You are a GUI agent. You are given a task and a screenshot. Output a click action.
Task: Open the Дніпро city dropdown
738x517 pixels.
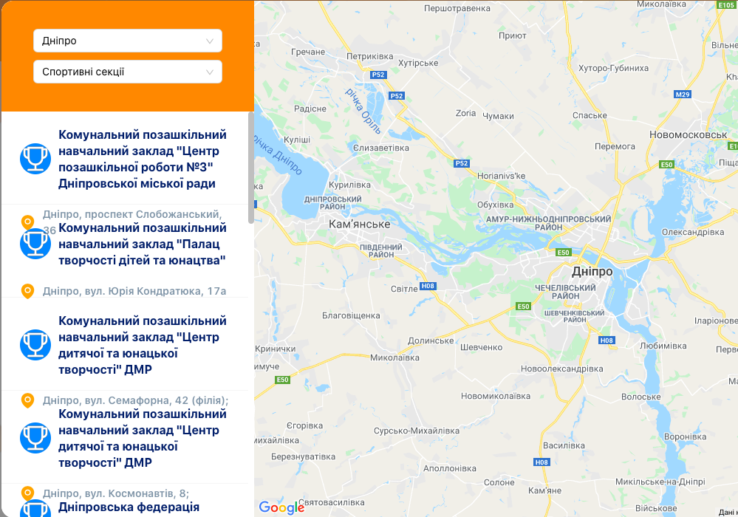pyautogui.click(x=127, y=41)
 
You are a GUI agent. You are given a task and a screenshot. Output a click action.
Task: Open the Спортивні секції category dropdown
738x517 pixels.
pyautogui.click(x=127, y=72)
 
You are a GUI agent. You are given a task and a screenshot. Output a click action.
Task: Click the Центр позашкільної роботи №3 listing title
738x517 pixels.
pyautogui.click(x=143, y=159)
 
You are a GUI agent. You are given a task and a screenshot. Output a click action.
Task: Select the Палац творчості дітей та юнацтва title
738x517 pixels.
pyautogui.click(x=142, y=244)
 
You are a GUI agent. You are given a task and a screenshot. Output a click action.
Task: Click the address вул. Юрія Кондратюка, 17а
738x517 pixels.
pyautogui.click(x=134, y=291)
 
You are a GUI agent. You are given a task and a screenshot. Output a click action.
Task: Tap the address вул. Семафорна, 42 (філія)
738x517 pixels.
pyautogui.click(x=135, y=400)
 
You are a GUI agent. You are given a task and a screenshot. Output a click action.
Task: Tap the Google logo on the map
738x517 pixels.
pyautogui.click(x=281, y=507)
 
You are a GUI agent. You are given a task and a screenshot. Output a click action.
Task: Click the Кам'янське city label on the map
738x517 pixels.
pyautogui.click(x=360, y=224)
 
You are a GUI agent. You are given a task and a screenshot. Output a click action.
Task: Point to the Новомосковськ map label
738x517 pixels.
pyautogui.click(x=688, y=135)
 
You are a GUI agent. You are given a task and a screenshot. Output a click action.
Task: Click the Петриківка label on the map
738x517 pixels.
pyautogui.click(x=370, y=56)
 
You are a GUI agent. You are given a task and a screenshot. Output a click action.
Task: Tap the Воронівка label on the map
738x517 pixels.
pyautogui.click(x=690, y=436)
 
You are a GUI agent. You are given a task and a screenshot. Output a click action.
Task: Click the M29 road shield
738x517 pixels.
pyautogui.click(x=682, y=95)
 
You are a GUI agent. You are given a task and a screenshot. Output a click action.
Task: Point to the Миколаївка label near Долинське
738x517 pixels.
pyautogui.click(x=394, y=357)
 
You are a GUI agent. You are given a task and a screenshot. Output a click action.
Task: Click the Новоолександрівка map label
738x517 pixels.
pyautogui.click(x=561, y=369)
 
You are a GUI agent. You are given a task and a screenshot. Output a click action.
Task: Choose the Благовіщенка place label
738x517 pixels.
pyautogui.click(x=351, y=315)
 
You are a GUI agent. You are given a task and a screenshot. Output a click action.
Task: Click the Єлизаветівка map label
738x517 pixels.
pyautogui.click(x=381, y=148)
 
